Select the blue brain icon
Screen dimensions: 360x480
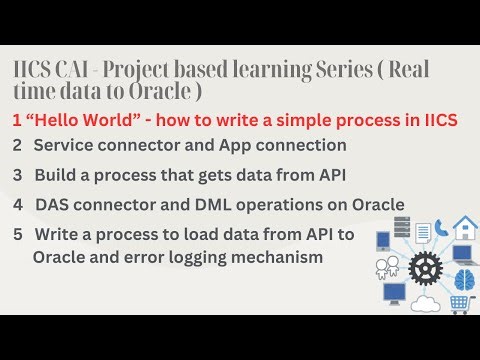point(463,279)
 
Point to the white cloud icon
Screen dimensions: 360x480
point(425,304)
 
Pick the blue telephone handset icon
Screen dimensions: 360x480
point(441,227)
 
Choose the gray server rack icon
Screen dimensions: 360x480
point(402,227)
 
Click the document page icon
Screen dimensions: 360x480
point(423,232)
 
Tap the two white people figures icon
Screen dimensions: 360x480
point(387,267)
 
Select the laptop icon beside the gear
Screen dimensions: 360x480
point(464,253)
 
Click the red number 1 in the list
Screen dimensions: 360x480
point(17,120)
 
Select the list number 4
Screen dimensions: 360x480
point(18,204)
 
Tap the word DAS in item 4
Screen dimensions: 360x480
point(52,204)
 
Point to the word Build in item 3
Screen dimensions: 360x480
point(55,175)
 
